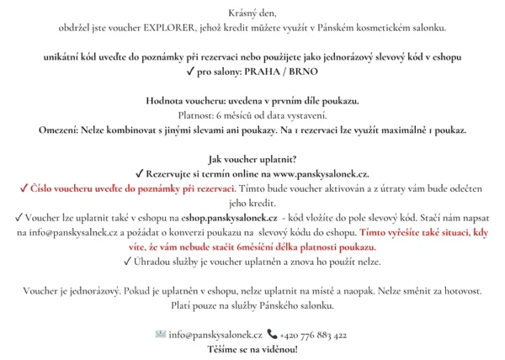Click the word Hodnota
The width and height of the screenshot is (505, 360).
tap(166, 101)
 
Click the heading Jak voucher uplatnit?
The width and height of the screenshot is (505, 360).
tap(252, 159)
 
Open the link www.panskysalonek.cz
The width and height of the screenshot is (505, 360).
tap(321, 174)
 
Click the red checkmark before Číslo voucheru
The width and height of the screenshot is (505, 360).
tap(23, 188)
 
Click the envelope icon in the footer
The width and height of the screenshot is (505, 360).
tap(161, 335)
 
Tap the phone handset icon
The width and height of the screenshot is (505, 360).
tap(271, 335)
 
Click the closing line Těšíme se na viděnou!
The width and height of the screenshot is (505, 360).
tap(252, 348)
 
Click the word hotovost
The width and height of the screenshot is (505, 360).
tap(461, 291)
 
